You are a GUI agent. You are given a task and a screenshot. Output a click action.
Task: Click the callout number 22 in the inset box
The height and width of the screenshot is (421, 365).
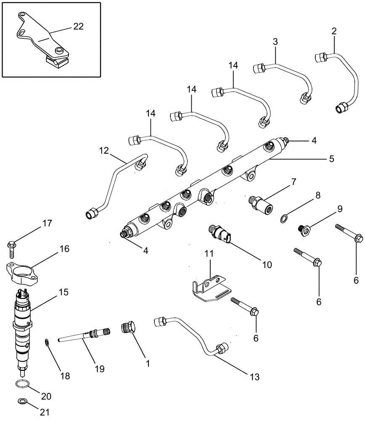point(78,27)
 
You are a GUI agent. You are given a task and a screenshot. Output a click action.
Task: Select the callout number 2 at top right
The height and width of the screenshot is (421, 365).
point(334,31)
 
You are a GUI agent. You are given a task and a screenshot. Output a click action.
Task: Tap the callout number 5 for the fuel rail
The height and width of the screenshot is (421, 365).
point(331,159)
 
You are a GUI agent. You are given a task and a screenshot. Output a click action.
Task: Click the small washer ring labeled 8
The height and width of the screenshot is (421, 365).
point(285,218)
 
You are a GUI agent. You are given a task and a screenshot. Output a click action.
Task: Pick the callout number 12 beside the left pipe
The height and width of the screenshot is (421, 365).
point(104,150)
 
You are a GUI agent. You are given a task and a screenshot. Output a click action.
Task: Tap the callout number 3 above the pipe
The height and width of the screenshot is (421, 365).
point(275,42)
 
